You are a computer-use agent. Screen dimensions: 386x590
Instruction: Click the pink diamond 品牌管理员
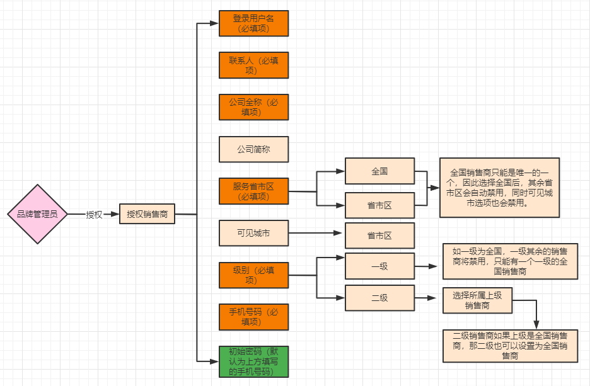tap(37, 214)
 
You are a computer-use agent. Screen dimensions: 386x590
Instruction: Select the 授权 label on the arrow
tap(94, 214)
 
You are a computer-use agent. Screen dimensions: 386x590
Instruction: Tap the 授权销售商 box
tap(147, 214)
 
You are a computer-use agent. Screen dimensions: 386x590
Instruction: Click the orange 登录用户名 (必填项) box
tap(253, 23)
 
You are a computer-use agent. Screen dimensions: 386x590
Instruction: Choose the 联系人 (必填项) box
tap(253, 65)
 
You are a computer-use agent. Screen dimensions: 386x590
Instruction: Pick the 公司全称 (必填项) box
tap(253, 107)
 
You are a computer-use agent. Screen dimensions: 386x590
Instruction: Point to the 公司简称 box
tap(253, 149)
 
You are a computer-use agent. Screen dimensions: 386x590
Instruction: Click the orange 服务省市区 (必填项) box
tap(253, 191)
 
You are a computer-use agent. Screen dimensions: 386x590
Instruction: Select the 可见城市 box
tap(253, 233)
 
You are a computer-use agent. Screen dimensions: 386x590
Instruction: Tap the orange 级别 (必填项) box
tap(253, 275)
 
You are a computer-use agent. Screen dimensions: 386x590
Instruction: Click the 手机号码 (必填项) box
tap(253, 317)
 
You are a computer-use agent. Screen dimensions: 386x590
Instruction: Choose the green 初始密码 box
tap(253, 361)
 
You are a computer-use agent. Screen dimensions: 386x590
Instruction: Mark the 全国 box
tap(379, 171)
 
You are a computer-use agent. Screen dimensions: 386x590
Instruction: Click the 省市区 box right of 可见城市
tap(379, 236)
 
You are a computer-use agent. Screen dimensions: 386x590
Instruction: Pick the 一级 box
tap(379, 266)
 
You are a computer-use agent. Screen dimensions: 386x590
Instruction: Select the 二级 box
tap(379, 298)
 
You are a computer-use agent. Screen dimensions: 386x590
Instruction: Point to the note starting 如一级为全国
tap(510, 261)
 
